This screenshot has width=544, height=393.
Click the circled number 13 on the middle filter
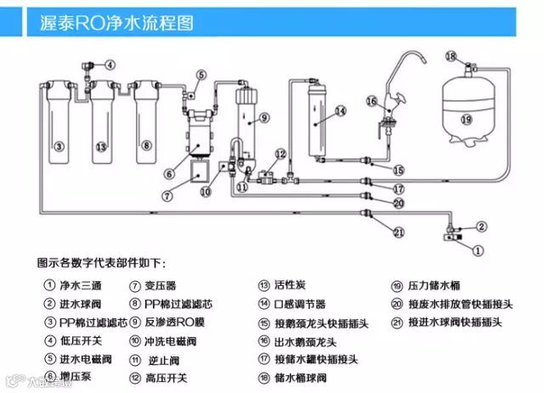[101, 146]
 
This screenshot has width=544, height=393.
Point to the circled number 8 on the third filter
[146, 146]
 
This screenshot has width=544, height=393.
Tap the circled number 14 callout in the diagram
[340, 111]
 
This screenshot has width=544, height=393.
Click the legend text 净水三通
[80, 286]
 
